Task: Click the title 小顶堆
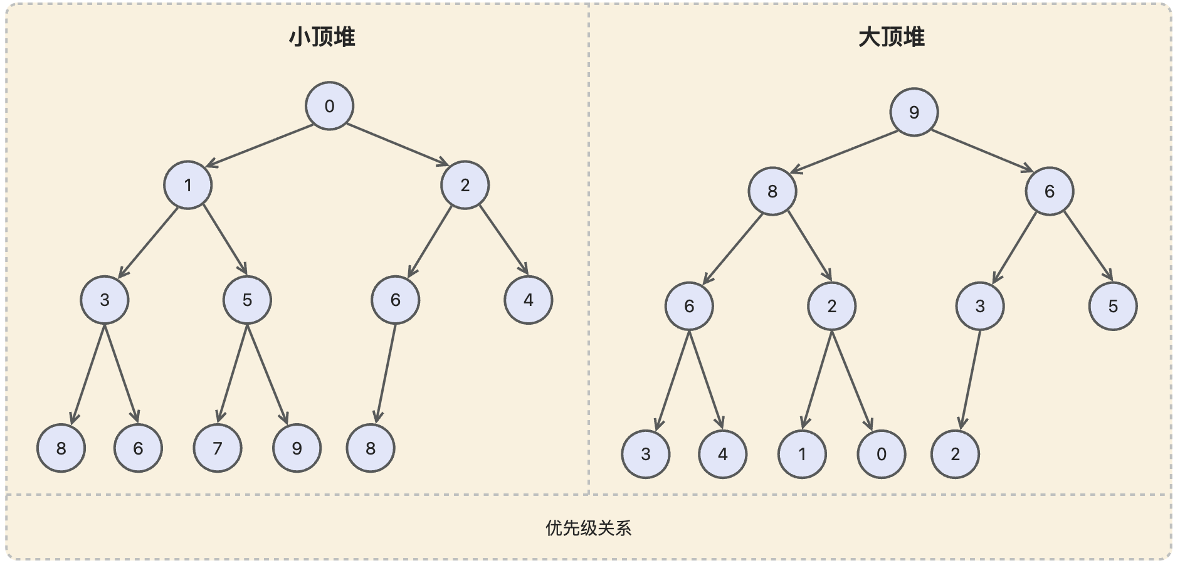(x=322, y=38)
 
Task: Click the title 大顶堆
(x=891, y=38)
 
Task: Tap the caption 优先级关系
(x=588, y=528)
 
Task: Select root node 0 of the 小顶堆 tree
(x=329, y=106)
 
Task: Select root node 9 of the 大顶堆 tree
(x=914, y=112)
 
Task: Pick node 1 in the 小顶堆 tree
(x=187, y=185)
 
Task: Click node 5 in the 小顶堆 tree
(x=247, y=300)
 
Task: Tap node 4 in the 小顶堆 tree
(x=528, y=300)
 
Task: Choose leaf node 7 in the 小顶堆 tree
(x=217, y=448)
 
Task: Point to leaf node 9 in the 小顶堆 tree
(x=297, y=448)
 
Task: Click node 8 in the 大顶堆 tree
(x=772, y=191)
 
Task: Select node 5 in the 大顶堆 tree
(x=1112, y=306)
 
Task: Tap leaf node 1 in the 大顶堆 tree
(x=801, y=454)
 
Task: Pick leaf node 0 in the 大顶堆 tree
(x=881, y=454)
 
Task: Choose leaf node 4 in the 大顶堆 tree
(x=722, y=454)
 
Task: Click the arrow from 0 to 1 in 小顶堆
(x=260, y=145)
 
